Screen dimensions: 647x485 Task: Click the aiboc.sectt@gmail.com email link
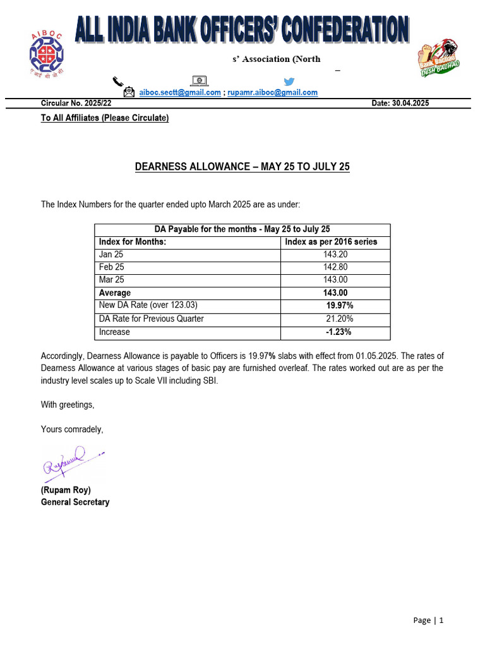(180, 92)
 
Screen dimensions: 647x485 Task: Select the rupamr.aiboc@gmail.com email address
(272, 92)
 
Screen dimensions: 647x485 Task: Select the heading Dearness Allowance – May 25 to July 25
(242, 167)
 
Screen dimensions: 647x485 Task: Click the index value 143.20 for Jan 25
(335, 255)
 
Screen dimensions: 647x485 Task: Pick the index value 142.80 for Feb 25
(335, 267)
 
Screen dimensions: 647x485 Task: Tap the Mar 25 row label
(111, 280)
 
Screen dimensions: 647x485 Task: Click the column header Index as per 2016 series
(331, 242)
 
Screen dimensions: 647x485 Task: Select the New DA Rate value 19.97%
(339, 306)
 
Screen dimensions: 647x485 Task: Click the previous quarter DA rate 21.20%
(339, 318)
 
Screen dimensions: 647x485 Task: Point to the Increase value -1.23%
(338, 332)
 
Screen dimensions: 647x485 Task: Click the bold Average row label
(115, 293)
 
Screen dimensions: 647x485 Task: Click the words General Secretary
(75, 502)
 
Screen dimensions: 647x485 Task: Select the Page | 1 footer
(428, 620)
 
